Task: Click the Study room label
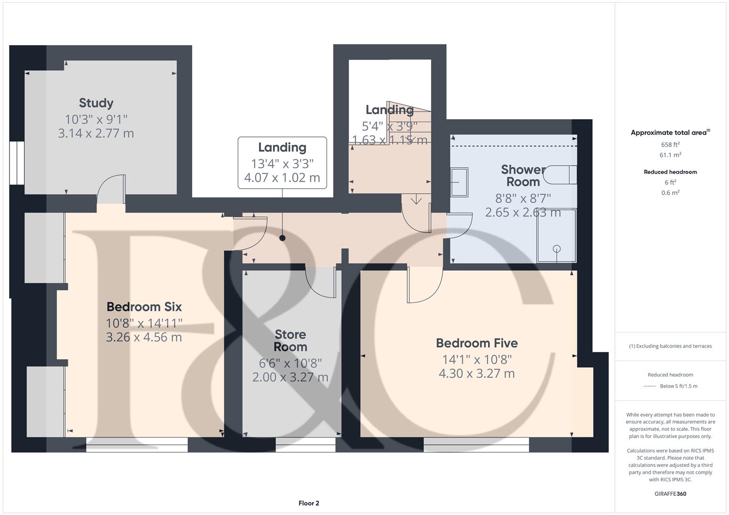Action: [96, 103]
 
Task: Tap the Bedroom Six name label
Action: [144, 307]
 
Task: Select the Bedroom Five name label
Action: [476, 343]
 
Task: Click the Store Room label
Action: [290, 340]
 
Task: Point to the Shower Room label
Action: [523, 175]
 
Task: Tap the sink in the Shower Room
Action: [459, 182]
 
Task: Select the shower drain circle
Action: [557, 249]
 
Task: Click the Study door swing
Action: [111, 189]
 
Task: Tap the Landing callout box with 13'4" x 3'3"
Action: [282, 163]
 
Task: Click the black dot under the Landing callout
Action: [282, 238]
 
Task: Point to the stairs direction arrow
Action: [416, 199]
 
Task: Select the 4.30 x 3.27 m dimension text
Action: [476, 373]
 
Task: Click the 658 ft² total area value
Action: [670, 144]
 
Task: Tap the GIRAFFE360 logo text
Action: [670, 494]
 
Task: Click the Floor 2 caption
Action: [308, 503]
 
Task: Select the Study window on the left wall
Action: [17, 163]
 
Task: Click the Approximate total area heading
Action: [670, 133]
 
